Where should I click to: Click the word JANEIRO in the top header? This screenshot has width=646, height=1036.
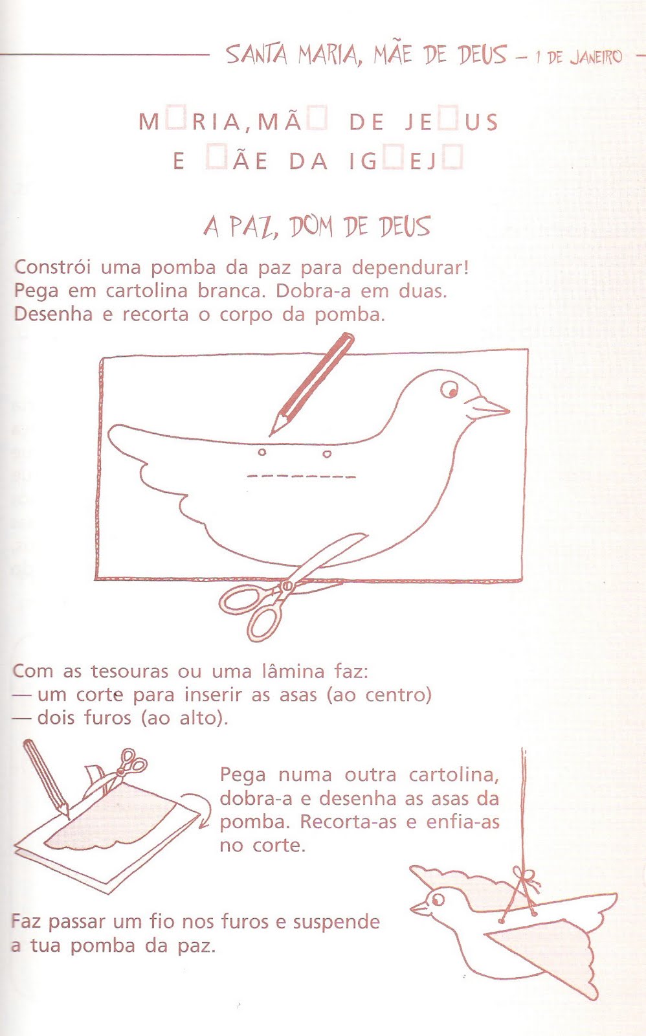596,57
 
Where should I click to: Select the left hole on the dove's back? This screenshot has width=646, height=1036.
262,452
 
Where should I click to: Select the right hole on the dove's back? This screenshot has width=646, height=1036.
327,454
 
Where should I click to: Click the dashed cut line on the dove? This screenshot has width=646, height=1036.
301,477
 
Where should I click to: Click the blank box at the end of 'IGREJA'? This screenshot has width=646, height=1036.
454,159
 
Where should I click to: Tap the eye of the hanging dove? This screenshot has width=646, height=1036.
438,899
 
